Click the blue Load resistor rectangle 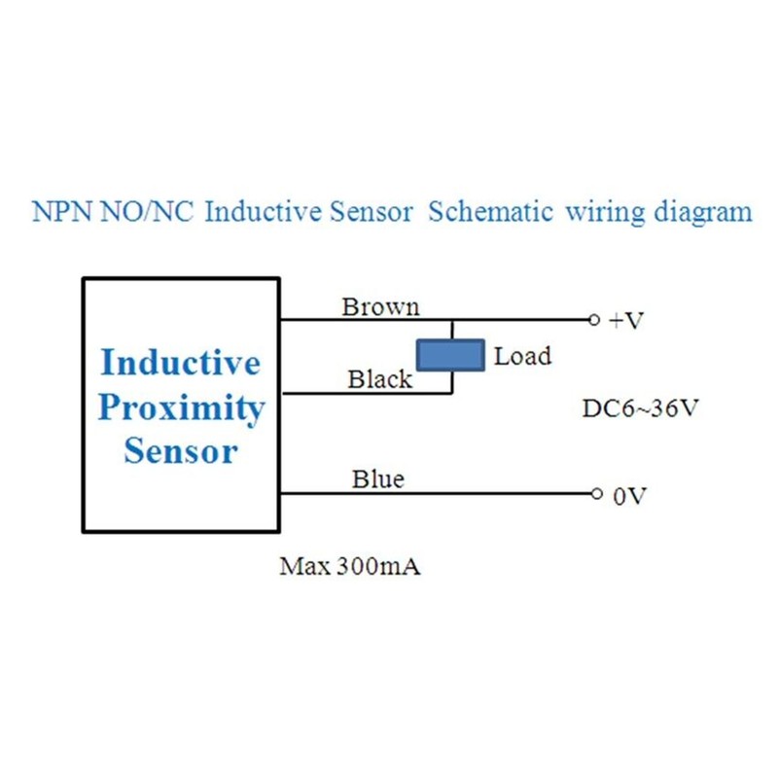coord(450,355)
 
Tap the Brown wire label coord(380,307)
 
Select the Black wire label coord(379,380)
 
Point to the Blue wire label coord(378,479)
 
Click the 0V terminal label coord(628,497)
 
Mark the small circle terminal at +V coord(593,319)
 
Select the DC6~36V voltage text coord(640,408)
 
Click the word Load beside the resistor coord(522,356)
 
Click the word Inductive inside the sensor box coord(181,364)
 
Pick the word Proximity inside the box coord(181,407)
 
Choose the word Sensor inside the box coord(181,451)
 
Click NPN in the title coord(61,212)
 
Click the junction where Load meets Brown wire coord(450,319)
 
